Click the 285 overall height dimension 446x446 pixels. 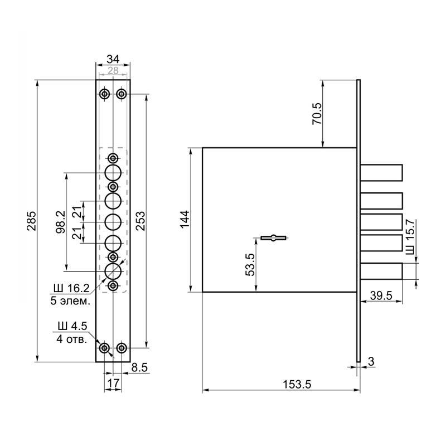(31, 221)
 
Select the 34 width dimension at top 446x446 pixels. (113, 59)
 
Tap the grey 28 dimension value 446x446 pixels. (113, 70)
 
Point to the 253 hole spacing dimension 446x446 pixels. (141, 221)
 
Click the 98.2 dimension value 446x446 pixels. (60, 222)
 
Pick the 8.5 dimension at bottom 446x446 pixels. (139, 367)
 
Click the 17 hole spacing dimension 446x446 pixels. (113, 384)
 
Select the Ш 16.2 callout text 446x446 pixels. (70, 288)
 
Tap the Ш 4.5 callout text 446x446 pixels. (72, 326)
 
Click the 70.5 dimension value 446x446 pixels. (317, 114)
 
